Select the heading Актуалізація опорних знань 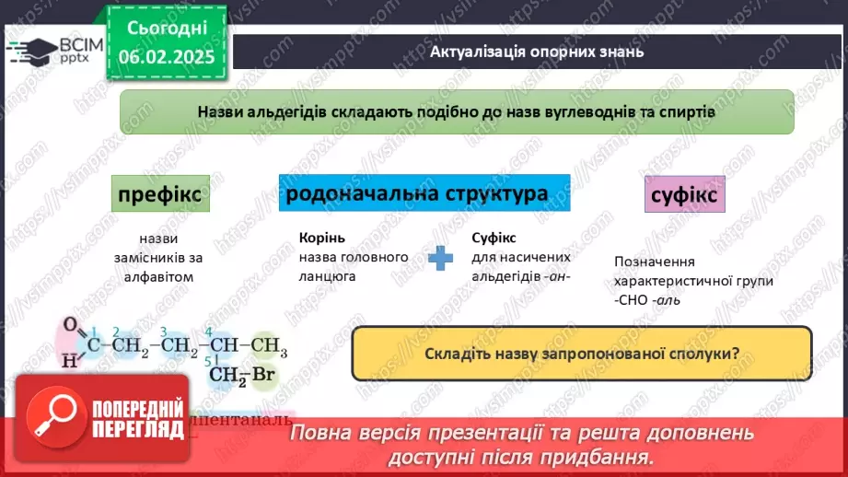[x=537, y=52]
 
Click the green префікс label [x=159, y=195]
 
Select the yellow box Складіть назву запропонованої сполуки [x=582, y=354]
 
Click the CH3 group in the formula [x=269, y=346]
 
